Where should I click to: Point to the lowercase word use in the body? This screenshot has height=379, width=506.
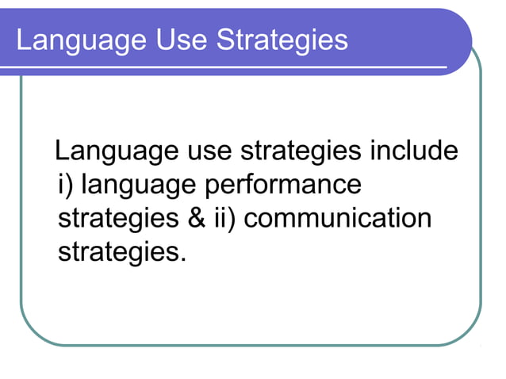[x=209, y=151]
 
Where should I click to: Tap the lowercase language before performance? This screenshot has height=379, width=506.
[x=140, y=186]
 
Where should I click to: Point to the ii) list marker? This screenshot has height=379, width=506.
[x=226, y=219]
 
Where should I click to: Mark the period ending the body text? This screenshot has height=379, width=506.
[x=184, y=261]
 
